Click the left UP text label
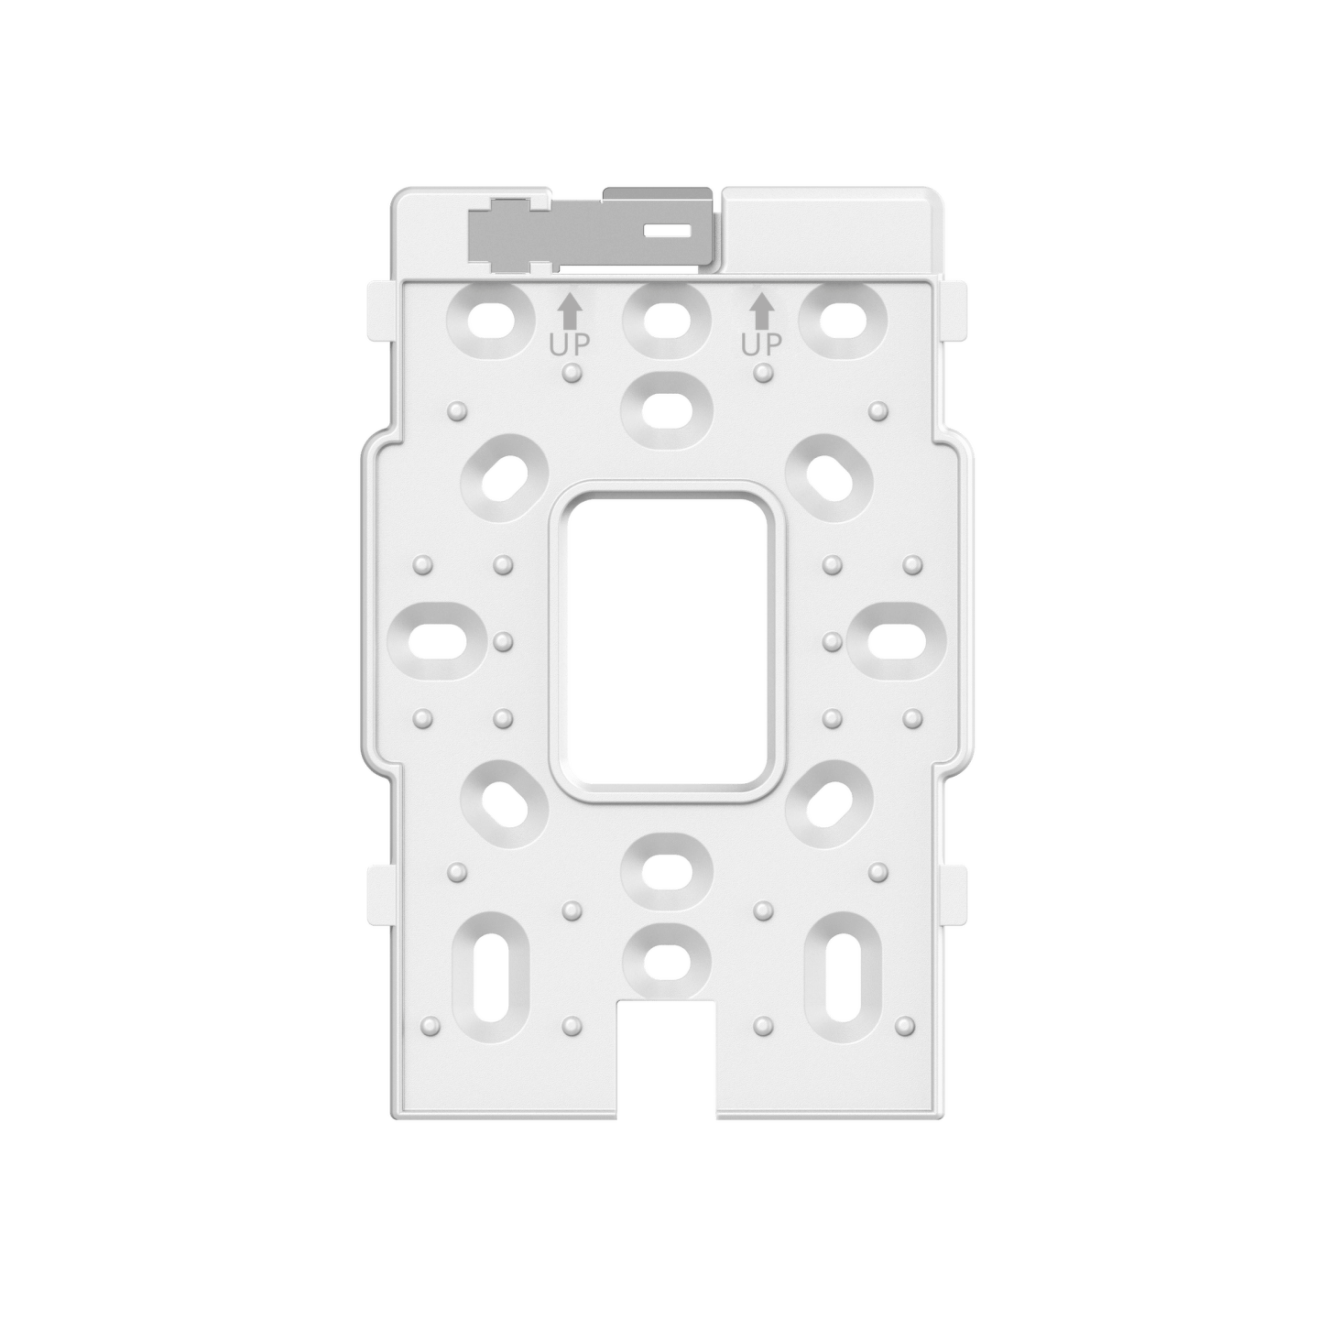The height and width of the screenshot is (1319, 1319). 569,345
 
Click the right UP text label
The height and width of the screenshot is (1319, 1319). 761,345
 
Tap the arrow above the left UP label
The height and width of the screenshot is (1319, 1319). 569,311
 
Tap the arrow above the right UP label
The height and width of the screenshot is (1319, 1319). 761,311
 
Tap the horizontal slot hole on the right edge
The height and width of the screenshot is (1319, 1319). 895,638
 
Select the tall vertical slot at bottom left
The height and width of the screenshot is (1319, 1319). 495,977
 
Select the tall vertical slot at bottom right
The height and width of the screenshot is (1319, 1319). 843,977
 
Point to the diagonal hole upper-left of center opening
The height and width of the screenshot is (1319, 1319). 505,477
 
